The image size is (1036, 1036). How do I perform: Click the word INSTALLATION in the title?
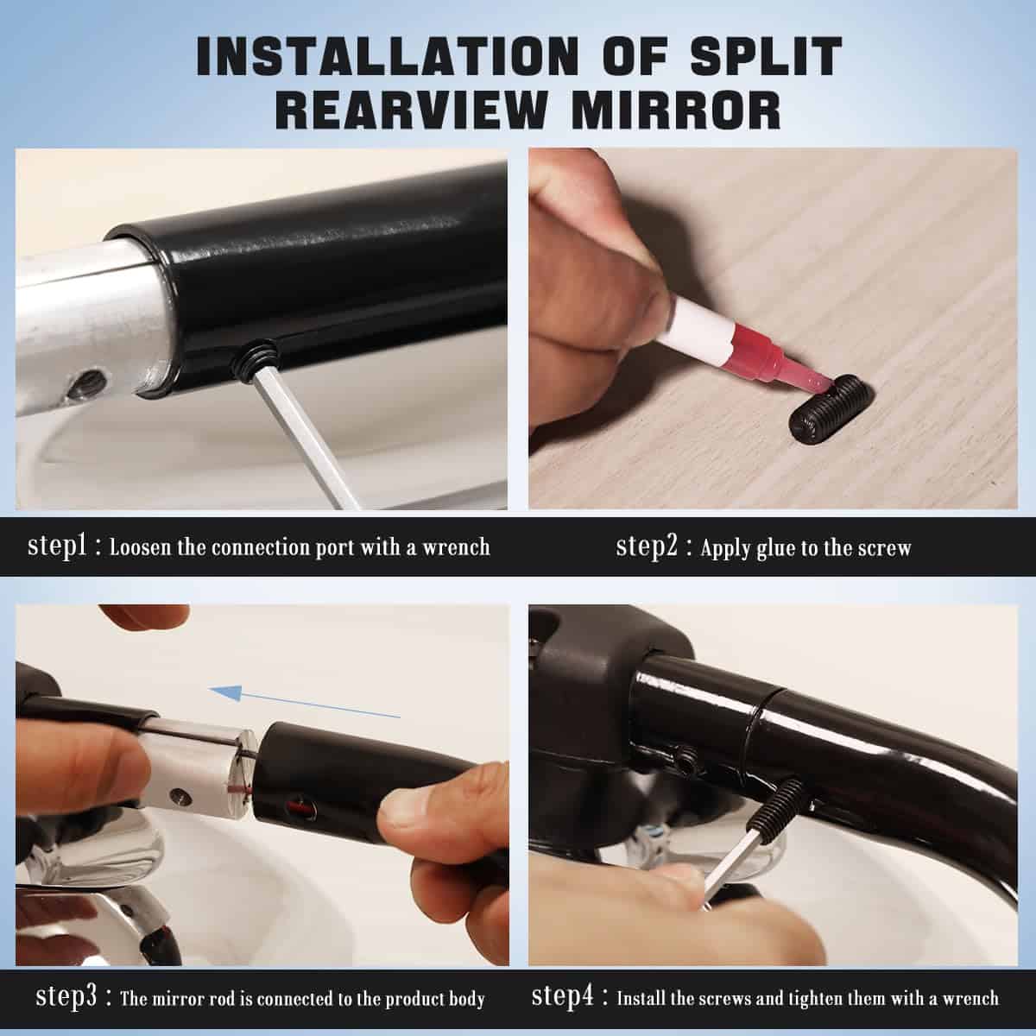pyautogui.click(x=387, y=56)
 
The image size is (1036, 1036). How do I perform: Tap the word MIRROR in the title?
pyautogui.click(x=676, y=111)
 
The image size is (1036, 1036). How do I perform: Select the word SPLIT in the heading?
pyautogui.click(x=766, y=56)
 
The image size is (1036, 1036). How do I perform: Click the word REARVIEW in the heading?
pyautogui.click(x=411, y=111)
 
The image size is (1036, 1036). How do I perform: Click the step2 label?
pyautogui.click(x=647, y=546)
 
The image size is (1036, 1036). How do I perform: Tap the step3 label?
pyautogui.click(x=66, y=996)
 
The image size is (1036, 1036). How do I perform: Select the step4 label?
pyautogui.click(x=562, y=996)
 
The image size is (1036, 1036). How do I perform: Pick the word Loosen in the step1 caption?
pyautogui.click(x=141, y=548)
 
